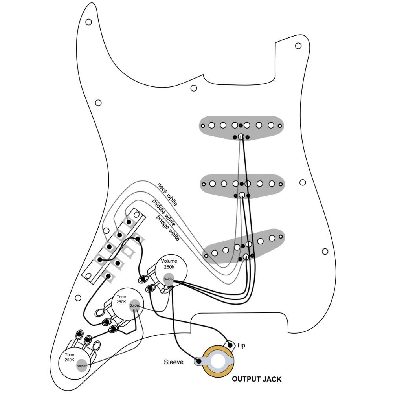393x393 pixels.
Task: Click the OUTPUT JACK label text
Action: tap(256, 379)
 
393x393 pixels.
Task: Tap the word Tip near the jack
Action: tap(241, 345)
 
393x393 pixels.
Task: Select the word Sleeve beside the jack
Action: tap(174, 362)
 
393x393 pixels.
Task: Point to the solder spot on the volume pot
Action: tap(169, 279)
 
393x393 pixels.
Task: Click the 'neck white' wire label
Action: tap(167, 194)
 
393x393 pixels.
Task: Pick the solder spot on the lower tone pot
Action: tap(81, 365)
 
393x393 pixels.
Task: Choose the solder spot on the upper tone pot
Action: tap(134, 305)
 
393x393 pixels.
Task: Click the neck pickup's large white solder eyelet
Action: tap(241, 136)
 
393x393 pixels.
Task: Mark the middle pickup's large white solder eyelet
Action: tap(242, 195)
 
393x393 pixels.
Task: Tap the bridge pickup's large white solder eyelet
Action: tap(246, 257)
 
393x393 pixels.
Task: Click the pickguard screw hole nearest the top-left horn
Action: tap(89, 22)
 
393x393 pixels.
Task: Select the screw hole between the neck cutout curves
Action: tap(193, 88)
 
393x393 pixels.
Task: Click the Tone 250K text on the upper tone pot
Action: tap(121, 299)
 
